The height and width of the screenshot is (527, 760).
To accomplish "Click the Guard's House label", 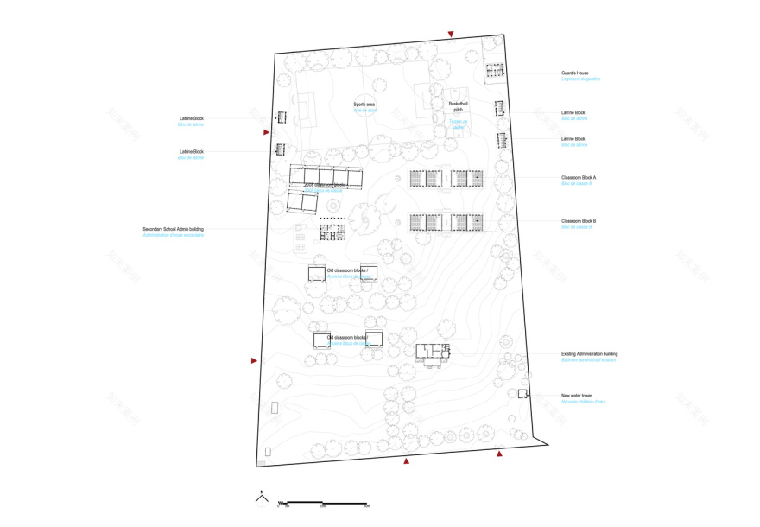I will [x=574, y=73].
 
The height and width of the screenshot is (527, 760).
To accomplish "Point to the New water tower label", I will [x=576, y=396].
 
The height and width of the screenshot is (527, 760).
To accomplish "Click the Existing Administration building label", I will [x=589, y=354].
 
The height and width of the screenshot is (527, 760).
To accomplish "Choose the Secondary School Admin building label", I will [x=174, y=230].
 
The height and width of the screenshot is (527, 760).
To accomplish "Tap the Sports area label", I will [x=364, y=104].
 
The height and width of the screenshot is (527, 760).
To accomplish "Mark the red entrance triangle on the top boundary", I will [x=450, y=35].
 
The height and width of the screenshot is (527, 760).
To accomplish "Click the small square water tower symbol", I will [x=522, y=394].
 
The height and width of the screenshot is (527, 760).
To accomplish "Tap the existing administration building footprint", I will [x=432, y=352].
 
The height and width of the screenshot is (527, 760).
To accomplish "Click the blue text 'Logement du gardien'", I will [x=580, y=79].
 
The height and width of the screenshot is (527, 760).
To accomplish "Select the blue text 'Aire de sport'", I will [x=364, y=111].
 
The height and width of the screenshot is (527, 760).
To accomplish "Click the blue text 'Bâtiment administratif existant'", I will [x=589, y=360].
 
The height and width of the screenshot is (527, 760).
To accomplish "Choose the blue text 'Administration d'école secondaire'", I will [x=174, y=236].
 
